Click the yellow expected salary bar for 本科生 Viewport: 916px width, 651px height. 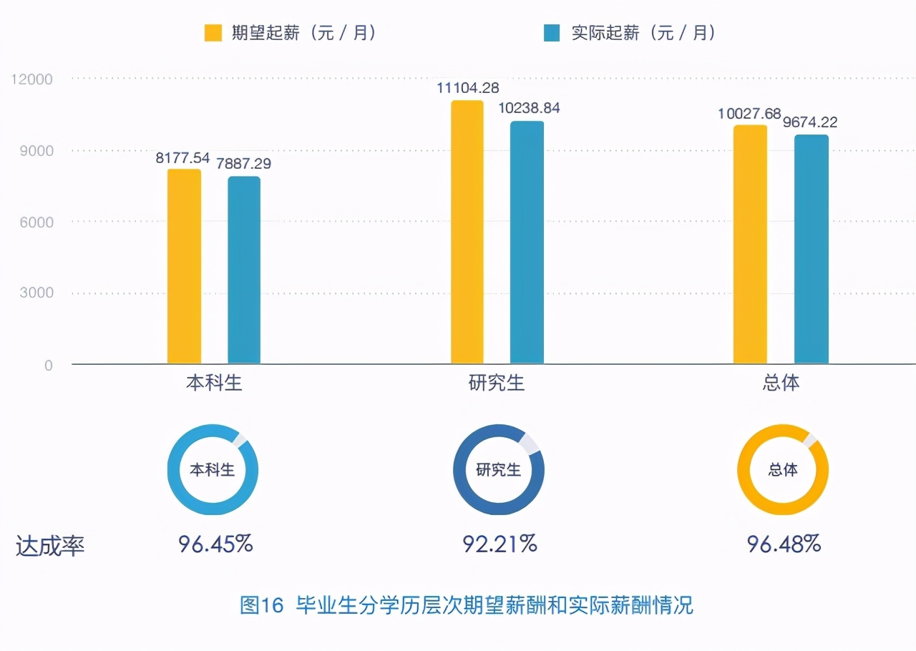pos(184,267)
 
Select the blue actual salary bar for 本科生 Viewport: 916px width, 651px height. pos(244,270)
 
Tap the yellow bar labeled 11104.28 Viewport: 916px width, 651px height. pos(467,232)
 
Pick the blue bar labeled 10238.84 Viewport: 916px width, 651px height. pos(527,243)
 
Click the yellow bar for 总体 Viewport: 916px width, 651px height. pos(750,245)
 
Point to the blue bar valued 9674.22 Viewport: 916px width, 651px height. pos(811,250)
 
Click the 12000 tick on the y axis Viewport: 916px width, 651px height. pos(32,79)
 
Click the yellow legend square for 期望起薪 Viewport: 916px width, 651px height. pos(213,33)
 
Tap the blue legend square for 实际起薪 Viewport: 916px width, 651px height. pos(551,33)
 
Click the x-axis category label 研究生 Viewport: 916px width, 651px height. pos(497,383)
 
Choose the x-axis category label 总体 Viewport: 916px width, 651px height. pos(781,383)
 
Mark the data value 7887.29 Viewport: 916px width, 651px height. pos(244,164)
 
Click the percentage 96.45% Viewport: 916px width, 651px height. pos(215,544)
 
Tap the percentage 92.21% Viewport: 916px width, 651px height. pos(500,544)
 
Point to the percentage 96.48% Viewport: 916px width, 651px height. pos(784,544)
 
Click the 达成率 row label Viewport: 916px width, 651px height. pos(50,547)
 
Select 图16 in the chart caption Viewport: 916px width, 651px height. pos(262,606)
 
